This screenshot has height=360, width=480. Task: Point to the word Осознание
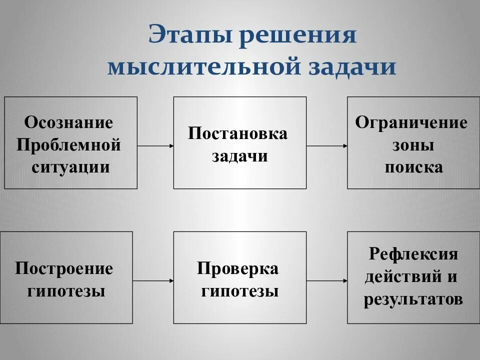[x=69, y=123]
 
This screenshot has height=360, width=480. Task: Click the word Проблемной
[x=69, y=145]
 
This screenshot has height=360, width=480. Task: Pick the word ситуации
[x=70, y=167]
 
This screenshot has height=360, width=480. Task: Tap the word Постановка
[x=238, y=133]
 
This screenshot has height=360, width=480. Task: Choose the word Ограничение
[x=411, y=123]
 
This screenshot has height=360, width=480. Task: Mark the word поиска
[x=413, y=167]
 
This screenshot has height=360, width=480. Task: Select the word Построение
[x=64, y=268]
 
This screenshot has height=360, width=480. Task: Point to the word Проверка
[x=238, y=268]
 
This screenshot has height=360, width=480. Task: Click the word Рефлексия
[x=413, y=253]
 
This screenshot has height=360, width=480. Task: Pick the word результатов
[x=413, y=298]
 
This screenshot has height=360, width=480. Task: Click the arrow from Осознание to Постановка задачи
[x=155, y=146]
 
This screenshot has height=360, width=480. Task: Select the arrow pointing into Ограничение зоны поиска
[x=327, y=146]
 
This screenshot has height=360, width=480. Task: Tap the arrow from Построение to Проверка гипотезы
[x=153, y=281]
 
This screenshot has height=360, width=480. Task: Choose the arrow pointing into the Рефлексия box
[x=327, y=281]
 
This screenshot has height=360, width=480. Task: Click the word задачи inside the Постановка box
[x=240, y=156]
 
